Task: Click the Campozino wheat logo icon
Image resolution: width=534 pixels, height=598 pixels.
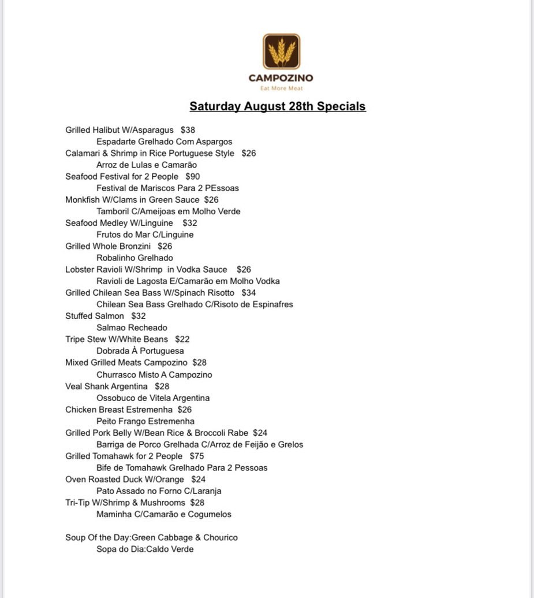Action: [x=281, y=51]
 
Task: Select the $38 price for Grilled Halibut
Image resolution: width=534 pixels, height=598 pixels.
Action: [x=188, y=130]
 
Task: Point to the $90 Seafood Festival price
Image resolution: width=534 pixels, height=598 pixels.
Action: [x=193, y=176]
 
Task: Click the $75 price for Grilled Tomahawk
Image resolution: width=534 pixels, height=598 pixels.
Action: [x=197, y=456]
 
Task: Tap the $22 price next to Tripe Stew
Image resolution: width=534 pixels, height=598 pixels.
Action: [x=182, y=339]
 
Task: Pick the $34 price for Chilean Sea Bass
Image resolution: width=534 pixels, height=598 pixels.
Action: [x=249, y=292]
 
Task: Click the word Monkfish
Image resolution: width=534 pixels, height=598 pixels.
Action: [x=83, y=200]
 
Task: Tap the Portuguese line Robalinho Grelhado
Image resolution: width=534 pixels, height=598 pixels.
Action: [x=135, y=258]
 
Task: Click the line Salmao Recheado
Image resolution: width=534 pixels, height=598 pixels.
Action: [x=132, y=328]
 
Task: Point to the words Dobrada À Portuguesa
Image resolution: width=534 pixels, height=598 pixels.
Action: [x=140, y=351]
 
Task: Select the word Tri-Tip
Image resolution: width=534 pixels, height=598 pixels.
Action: [x=77, y=503]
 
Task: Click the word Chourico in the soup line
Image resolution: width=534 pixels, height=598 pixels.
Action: [x=219, y=537]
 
